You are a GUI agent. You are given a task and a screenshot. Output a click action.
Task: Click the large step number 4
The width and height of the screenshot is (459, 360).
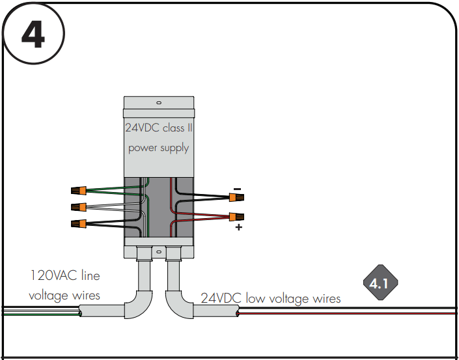[x=33, y=35]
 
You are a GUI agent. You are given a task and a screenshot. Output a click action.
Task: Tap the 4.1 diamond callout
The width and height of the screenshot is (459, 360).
[x=380, y=283]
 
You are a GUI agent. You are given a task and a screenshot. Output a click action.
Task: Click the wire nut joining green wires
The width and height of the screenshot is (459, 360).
[x=78, y=191]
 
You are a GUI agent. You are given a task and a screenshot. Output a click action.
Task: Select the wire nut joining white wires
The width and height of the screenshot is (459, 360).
[x=78, y=207]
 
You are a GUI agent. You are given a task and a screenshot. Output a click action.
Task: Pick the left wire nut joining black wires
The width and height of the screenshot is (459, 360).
[x=78, y=224]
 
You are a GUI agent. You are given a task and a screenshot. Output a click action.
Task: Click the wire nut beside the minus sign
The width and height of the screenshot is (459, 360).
[x=236, y=197]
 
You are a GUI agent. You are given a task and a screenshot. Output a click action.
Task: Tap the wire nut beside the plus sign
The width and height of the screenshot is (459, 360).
[x=236, y=217]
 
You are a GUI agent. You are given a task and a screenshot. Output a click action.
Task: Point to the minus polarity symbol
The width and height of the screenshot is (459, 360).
[x=238, y=189]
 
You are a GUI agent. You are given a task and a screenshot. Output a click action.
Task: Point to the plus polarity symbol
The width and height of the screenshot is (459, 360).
[x=239, y=227]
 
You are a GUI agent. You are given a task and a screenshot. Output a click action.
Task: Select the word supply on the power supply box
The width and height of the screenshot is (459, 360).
[x=174, y=148]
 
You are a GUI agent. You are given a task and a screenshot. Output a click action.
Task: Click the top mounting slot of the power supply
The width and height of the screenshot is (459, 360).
[x=159, y=103]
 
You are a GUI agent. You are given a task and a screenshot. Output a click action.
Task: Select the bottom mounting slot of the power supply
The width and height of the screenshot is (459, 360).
[x=159, y=252]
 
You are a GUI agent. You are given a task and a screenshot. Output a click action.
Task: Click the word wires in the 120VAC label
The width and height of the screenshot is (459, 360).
[x=86, y=296]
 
